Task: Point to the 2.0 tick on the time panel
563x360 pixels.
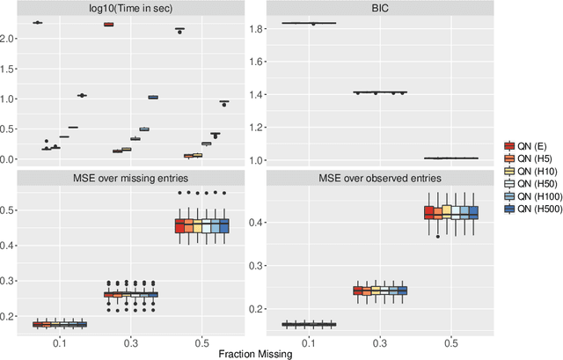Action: click(11, 39)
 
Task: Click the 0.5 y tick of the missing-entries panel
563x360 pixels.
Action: click(11, 209)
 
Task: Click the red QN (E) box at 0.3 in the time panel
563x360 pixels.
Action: click(108, 25)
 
